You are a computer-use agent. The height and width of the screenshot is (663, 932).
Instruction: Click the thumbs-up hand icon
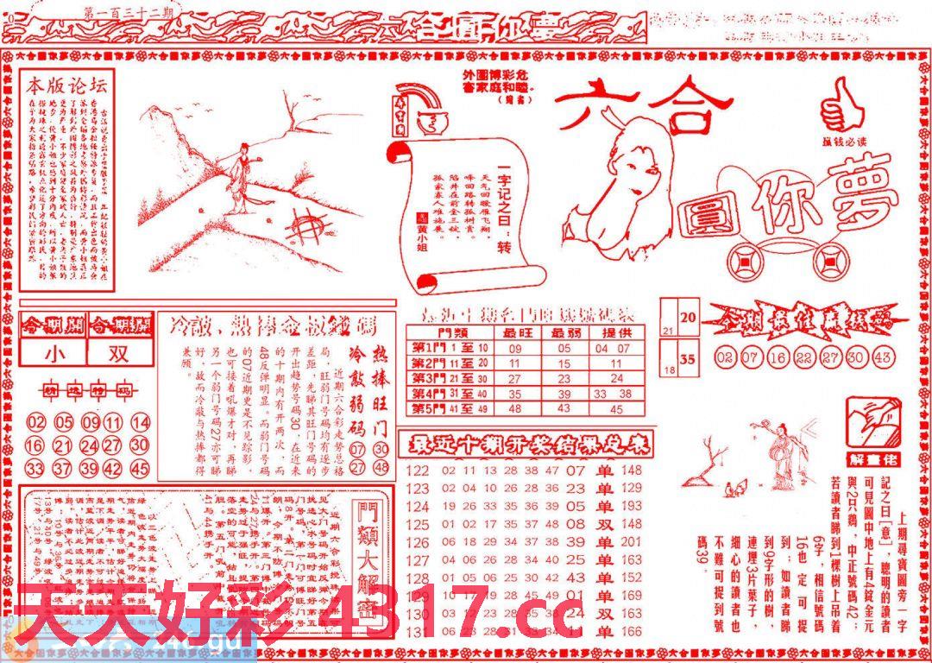click(x=841, y=104)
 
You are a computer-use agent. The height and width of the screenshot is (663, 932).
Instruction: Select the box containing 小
click(x=54, y=354)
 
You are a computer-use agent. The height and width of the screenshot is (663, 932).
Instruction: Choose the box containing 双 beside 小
click(x=118, y=354)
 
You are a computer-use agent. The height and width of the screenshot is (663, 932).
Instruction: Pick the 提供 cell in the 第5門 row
click(x=616, y=408)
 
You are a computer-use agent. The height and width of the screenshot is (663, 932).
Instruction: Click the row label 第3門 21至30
click(x=450, y=378)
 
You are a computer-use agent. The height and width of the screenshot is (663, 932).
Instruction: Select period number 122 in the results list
click(x=418, y=470)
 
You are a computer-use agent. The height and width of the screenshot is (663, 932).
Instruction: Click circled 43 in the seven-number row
click(x=883, y=357)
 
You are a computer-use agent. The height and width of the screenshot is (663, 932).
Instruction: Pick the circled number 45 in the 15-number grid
click(x=139, y=469)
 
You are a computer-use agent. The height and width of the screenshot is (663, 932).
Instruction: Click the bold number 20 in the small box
click(x=688, y=318)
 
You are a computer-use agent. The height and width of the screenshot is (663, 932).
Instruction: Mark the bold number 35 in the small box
click(x=688, y=360)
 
